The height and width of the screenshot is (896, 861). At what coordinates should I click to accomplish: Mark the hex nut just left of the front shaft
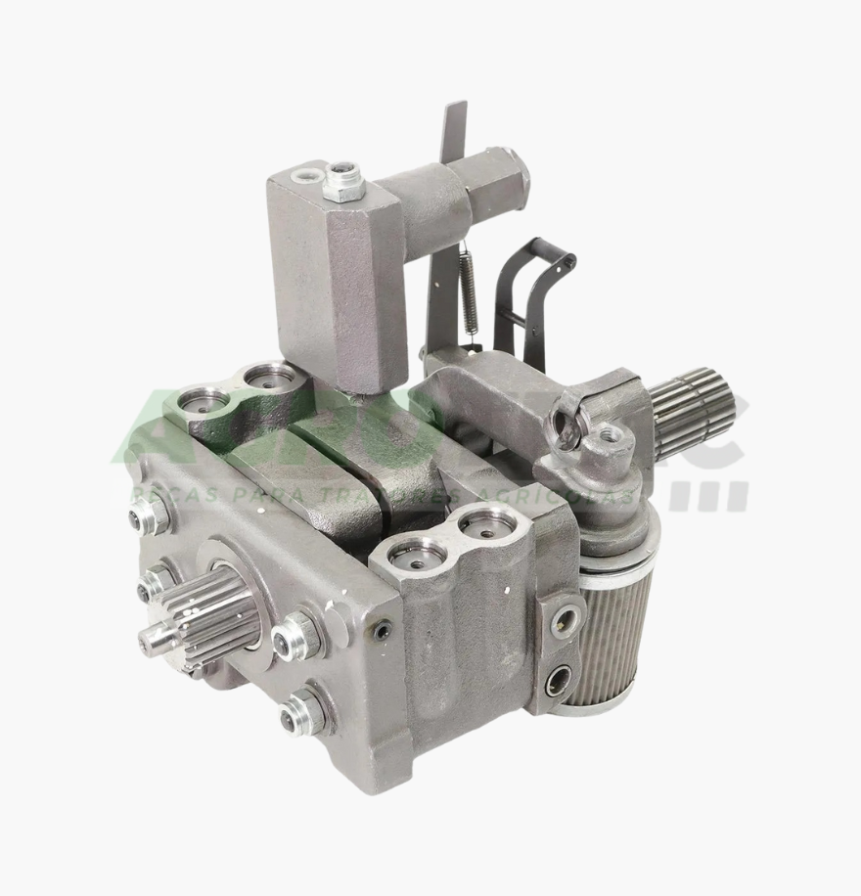pyautogui.click(x=157, y=585)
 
